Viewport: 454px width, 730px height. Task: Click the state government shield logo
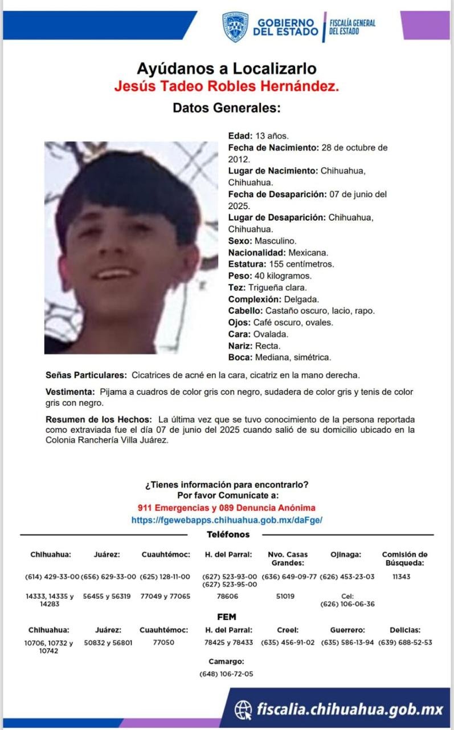pos(235,26)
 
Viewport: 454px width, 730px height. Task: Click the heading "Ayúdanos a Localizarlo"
pos(226,69)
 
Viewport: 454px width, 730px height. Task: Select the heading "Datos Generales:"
pos(226,108)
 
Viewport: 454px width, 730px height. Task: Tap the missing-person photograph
pos(131,248)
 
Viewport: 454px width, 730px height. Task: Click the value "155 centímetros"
pos(301,264)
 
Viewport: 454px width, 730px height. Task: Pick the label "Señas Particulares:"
pos(86,375)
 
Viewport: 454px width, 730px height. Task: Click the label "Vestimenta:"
pos(70,392)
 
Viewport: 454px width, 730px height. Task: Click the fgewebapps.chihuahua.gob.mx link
pos(227,520)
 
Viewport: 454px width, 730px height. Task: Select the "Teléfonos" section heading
pos(228,535)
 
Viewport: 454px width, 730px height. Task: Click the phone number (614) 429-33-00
pos(52,577)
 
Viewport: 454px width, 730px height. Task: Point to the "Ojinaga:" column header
pos(346,554)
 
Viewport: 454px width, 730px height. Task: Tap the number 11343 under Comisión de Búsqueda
pos(402,577)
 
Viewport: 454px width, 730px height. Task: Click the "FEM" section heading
pos(227,617)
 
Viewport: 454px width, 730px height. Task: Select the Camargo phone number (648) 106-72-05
pos(226,674)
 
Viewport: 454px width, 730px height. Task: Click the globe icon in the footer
pos(243,710)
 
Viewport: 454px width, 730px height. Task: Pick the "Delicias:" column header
pos(405,630)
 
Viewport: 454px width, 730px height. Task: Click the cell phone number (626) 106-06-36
pos(347,604)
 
